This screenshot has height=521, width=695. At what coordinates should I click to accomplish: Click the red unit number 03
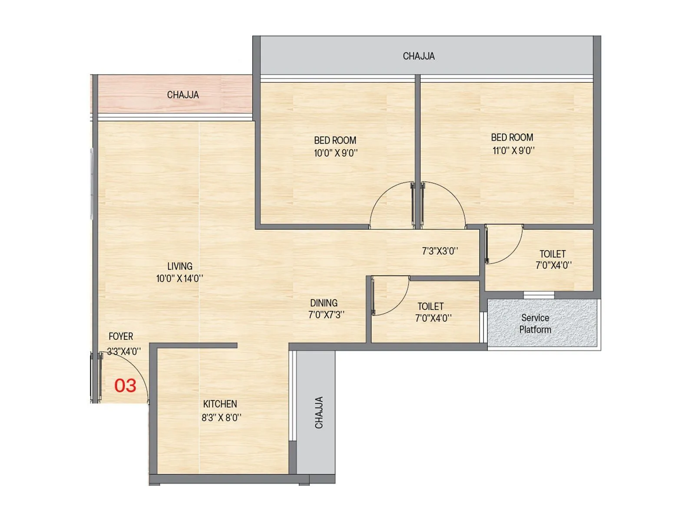point(125,386)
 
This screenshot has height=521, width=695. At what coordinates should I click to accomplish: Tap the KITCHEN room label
point(220,404)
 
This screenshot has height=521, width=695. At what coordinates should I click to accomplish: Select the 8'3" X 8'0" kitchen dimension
point(221,418)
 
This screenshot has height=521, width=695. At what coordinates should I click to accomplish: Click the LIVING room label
point(179,266)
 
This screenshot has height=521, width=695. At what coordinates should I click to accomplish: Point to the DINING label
point(324,303)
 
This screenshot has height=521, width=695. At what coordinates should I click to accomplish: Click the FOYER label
point(121,336)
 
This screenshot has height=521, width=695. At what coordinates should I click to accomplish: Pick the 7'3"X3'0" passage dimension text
point(440,251)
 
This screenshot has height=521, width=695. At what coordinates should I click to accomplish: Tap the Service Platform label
point(535,324)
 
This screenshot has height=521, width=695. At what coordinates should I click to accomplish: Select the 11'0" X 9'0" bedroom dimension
point(513,151)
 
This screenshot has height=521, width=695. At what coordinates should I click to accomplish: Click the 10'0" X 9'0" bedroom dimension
point(335,153)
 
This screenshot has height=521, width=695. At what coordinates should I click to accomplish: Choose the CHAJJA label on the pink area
point(183,95)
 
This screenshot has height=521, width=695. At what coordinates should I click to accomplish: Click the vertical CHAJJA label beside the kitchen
point(319,412)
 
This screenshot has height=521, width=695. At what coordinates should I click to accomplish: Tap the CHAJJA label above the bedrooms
point(419,56)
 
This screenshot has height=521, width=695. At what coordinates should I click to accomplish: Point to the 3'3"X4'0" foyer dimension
point(124,351)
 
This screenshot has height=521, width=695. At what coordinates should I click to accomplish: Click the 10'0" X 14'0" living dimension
point(179,279)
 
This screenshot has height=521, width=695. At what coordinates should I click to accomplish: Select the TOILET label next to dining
point(430,307)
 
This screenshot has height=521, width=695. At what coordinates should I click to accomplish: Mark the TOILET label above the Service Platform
point(553,254)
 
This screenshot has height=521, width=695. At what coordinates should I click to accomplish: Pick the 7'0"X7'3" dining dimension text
point(326,315)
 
